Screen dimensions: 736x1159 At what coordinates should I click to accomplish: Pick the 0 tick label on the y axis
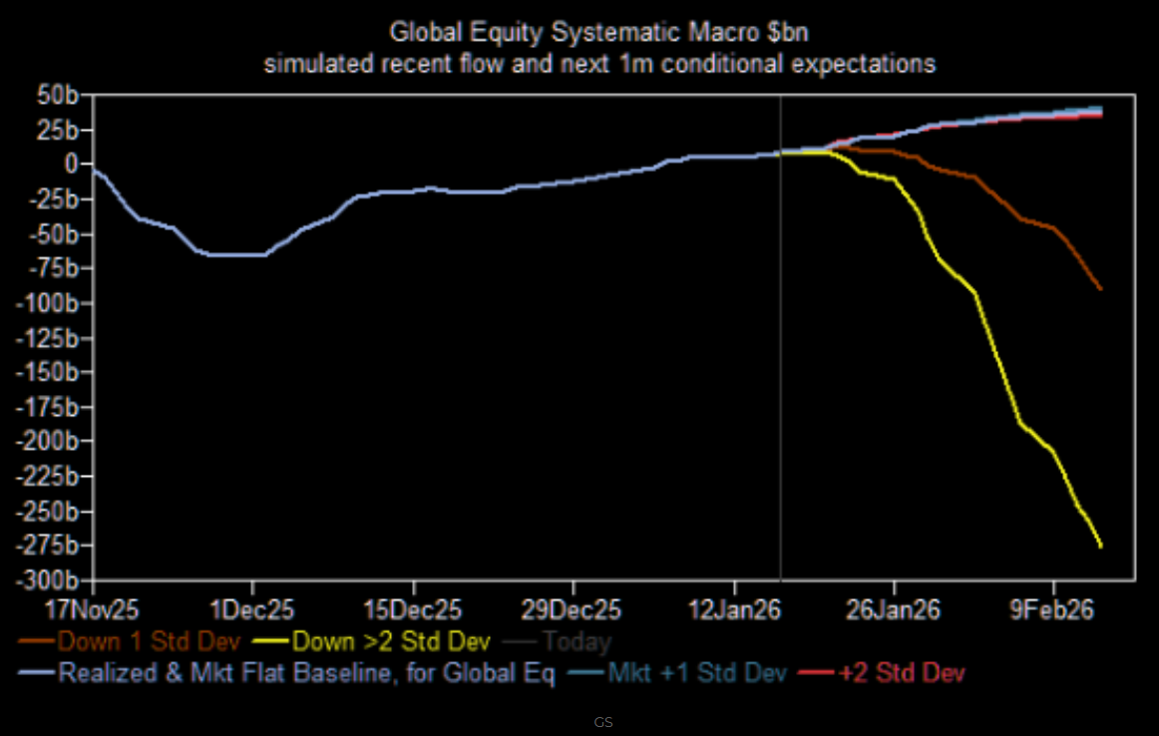(72, 164)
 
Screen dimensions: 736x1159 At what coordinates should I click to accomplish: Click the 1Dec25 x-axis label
(252, 606)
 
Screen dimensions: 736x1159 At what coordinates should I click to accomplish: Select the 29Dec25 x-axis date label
(574, 606)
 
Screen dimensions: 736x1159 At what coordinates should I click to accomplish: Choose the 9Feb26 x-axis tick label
(1054, 606)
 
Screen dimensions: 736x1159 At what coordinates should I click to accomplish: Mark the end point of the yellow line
(1100, 546)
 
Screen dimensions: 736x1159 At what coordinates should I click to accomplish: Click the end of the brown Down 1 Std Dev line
(1100, 289)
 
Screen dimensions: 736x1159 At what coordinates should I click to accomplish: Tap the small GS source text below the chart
(603, 721)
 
